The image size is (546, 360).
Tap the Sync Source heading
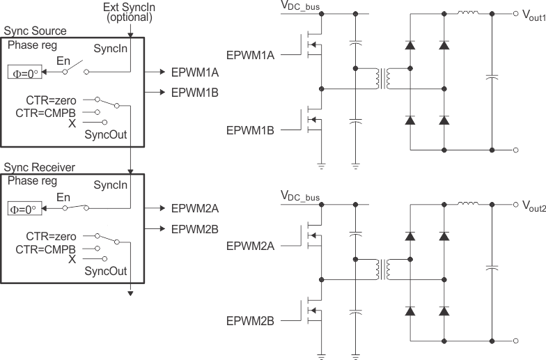point(35,31)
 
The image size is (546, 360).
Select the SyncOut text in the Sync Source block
point(104,134)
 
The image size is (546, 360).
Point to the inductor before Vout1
point(467,12)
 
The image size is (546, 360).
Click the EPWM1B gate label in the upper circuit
point(251,130)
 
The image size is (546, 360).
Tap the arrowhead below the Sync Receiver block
point(130,292)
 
